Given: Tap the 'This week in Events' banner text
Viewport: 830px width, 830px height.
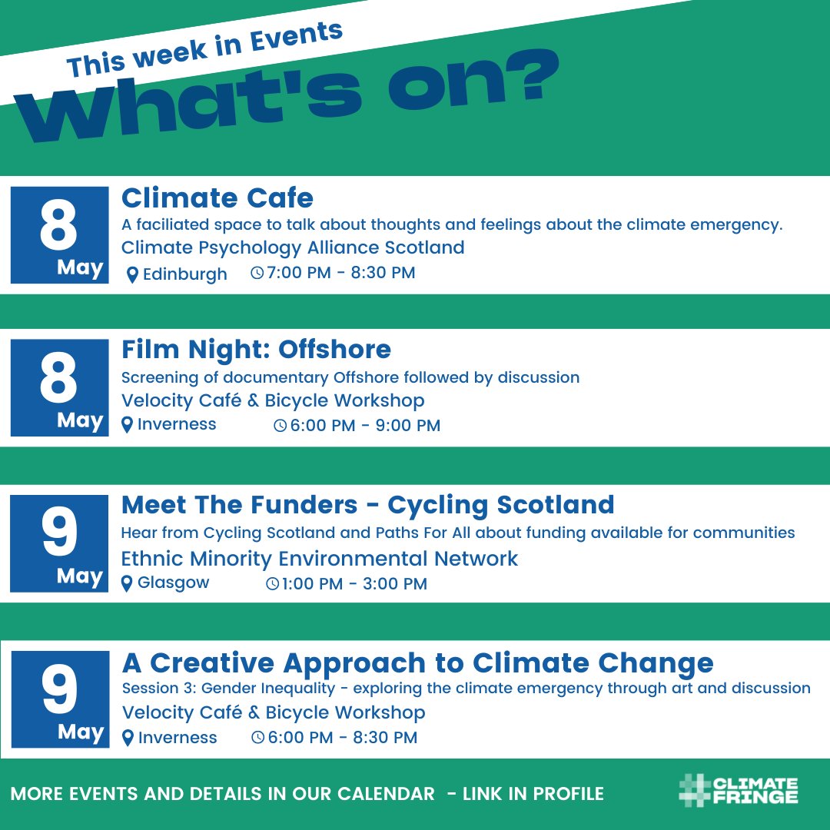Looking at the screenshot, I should (x=204, y=49).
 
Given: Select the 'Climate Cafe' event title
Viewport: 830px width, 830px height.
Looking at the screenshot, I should (x=217, y=198).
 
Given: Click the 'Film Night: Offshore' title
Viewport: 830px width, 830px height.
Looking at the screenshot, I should (x=256, y=350).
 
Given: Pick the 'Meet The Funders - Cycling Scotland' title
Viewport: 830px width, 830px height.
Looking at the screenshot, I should (x=367, y=505).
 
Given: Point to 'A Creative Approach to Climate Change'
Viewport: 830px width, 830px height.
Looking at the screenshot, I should (x=417, y=662).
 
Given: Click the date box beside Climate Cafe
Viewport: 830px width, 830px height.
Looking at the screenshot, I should (x=59, y=235).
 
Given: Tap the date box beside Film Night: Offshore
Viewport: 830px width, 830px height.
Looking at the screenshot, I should (x=59, y=387).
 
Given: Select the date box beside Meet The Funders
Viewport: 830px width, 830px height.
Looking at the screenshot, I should (x=59, y=543).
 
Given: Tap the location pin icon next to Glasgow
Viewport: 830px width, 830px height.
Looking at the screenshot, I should (x=128, y=584).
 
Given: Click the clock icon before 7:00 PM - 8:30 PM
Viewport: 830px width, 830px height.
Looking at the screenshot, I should (x=257, y=273).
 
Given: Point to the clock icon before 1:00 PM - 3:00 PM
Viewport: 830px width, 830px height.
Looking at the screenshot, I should (x=272, y=584).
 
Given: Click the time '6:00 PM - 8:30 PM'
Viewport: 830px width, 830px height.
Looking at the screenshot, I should (x=342, y=738).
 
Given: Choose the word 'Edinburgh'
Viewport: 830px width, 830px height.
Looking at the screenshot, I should (x=185, y=274).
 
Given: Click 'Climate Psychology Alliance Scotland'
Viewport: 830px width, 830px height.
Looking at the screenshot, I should (x=293, y=247).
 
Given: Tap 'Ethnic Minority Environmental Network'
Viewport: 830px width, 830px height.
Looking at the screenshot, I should (x=320, y=559).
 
